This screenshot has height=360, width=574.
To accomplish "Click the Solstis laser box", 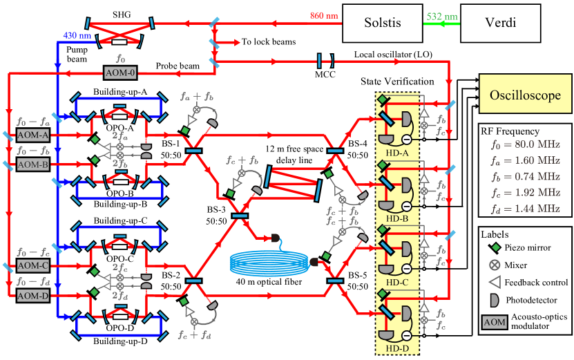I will pos(382,22).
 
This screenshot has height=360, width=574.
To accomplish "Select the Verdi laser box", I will pos(499,22).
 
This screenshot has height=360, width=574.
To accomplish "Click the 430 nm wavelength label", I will pos(76,35).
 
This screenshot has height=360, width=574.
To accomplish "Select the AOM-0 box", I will pos(120,73).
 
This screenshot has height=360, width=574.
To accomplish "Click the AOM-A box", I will pos(33,134).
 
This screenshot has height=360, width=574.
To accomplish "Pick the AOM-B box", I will pos(33,165).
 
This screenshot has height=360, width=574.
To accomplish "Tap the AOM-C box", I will pos(33,265).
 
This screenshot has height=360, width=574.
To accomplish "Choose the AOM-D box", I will pos(33,296).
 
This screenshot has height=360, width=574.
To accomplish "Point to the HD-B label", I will pos(397,218).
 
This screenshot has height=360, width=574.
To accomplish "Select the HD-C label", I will pos(397,282).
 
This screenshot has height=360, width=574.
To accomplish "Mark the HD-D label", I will pos(397,348).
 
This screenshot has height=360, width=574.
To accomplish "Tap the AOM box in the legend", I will pos(494,322).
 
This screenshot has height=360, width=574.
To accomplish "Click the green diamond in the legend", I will pos(495,247).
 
